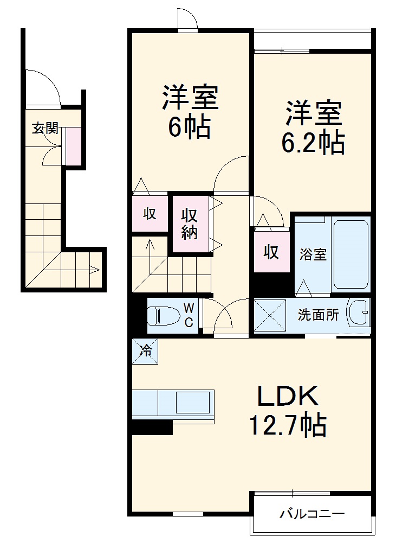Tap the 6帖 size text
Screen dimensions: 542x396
(189, 128)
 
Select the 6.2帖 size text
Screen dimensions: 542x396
(313, 143)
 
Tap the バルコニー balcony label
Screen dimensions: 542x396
(311, 513)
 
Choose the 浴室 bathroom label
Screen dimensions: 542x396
(313, 254)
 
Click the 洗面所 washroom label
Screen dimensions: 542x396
(319, 315)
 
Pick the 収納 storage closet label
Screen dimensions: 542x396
(190, 223)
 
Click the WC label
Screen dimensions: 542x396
(189, 315)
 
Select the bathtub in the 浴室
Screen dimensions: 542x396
(351, 254)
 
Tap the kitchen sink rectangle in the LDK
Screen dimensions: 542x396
(192, 403)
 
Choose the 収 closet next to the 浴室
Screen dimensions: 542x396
(271, 252)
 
